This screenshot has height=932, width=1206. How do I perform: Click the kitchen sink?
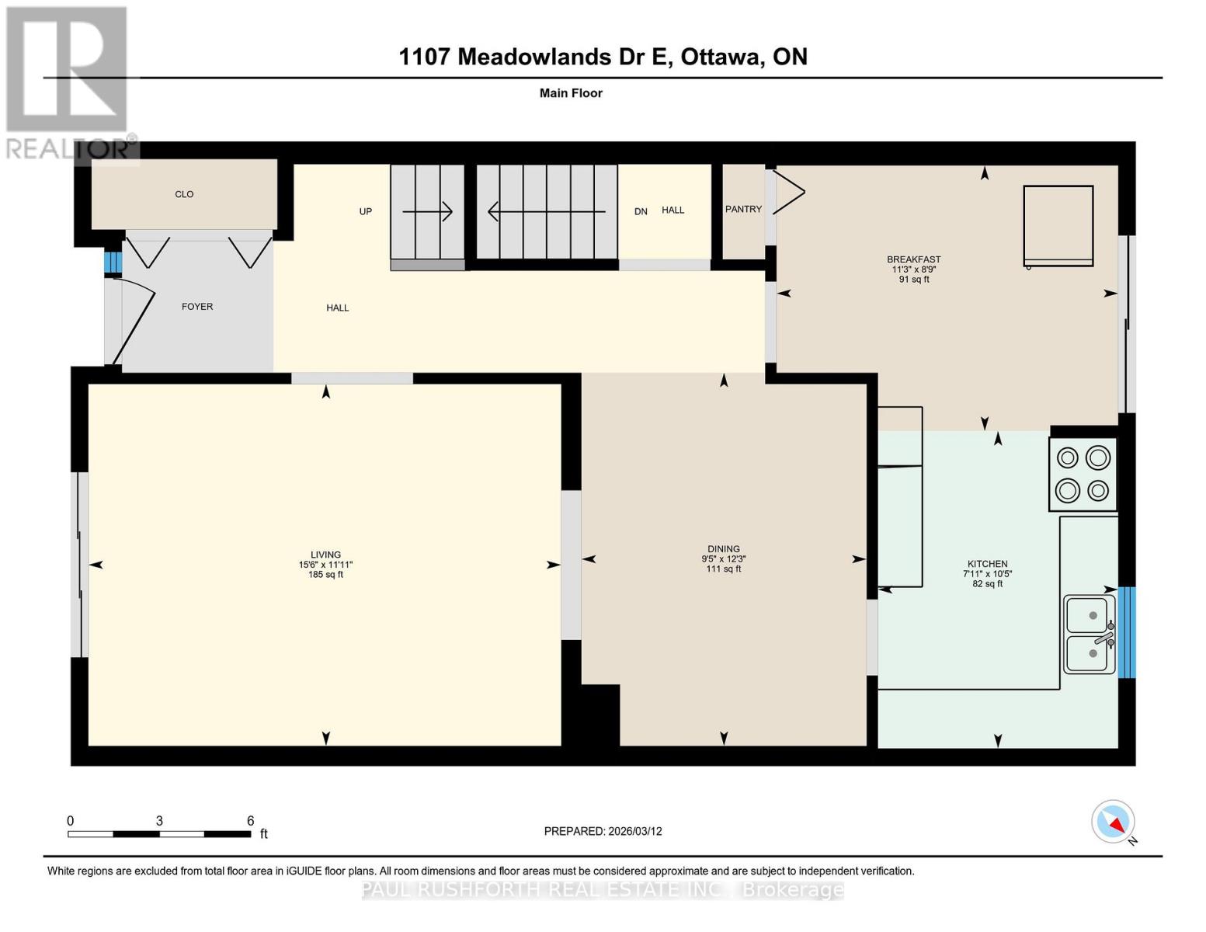coord(1090,634)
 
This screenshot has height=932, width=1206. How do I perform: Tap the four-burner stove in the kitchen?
coord(1083,474)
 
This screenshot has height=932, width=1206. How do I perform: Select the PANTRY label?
coord(743,209)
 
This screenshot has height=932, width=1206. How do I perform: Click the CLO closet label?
coord(184,194)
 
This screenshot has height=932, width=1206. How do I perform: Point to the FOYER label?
coord(197,307)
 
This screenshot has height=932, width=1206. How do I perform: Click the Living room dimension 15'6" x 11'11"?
coord(326,565)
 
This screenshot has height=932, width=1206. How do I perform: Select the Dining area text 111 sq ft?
coord(724,569)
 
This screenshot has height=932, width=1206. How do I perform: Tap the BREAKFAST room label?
coord(914,259)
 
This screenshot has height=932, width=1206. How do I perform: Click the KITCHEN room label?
coord(987,564)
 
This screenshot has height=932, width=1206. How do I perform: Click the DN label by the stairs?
coord(641,211)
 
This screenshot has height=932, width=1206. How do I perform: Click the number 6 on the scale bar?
coord(250,821)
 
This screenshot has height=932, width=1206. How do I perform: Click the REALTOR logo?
coord(68,82)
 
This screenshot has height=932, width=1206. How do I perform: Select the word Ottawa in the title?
coord(721,57)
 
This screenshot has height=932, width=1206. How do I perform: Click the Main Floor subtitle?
coord(571,93)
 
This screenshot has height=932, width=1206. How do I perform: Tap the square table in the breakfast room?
coord(1058,225)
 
